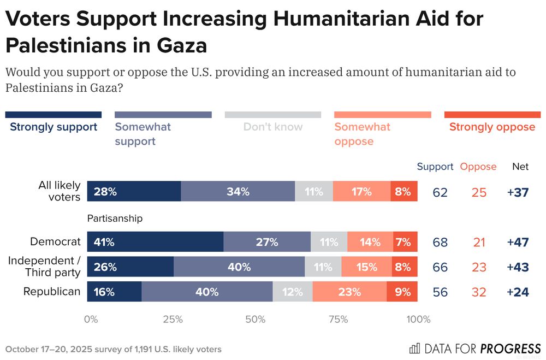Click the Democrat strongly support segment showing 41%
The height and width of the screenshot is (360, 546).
(x=155, y=242)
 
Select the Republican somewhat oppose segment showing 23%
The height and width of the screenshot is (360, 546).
(x=349, y=292)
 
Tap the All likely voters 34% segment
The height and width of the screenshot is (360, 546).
(x=238, y=192)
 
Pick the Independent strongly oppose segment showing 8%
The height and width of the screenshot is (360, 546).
(x=403, y=267)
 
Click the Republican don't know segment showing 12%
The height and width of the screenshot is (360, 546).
(x=292, y=292)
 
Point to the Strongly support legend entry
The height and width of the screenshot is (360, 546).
(x=54, y=127)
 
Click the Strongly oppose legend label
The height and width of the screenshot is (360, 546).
(x=492, y=127)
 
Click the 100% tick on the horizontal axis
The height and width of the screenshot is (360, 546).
(x=419, y=320)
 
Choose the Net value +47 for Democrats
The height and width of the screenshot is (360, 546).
(x=518, y=242)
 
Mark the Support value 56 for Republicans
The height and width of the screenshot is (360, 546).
(x=440, y=292)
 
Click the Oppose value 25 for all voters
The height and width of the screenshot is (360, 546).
(x=479, y=192)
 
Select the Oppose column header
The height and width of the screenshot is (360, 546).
(x=478, y=167)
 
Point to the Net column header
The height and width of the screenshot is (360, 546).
(x=520, y=167)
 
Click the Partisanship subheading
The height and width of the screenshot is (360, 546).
(x=115, y=219)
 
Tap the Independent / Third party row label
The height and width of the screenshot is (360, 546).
(x=44, y=267)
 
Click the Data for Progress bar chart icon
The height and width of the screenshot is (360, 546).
(x=414, y=348)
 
